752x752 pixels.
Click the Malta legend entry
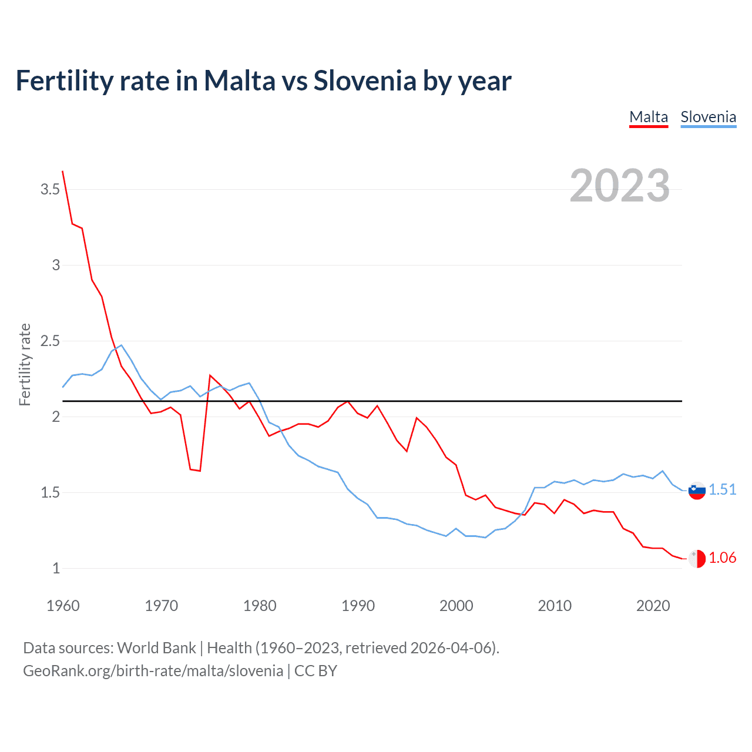coord(649,117)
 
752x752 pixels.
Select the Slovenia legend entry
coord(708,117)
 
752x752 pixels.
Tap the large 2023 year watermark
coord(620,186)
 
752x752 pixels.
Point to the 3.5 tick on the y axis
coord(50,189)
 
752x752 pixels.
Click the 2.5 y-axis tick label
coord(50,341)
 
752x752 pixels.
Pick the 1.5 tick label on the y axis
coord(50,492)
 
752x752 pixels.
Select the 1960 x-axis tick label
coord(63,606)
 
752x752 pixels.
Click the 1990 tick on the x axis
coord(358,606)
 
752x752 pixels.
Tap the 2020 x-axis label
coord(653,606)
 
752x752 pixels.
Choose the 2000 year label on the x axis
coord(456,606)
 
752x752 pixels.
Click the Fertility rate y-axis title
coord(25,364)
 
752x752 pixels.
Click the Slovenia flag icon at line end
coord(697,491)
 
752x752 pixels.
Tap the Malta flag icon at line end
coord(697,559)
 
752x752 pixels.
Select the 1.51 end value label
coord(722,489)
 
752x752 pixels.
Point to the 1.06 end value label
coord(722,558)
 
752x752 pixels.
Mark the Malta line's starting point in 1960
coord(63,171)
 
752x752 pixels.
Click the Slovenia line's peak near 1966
coord(121,345)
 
